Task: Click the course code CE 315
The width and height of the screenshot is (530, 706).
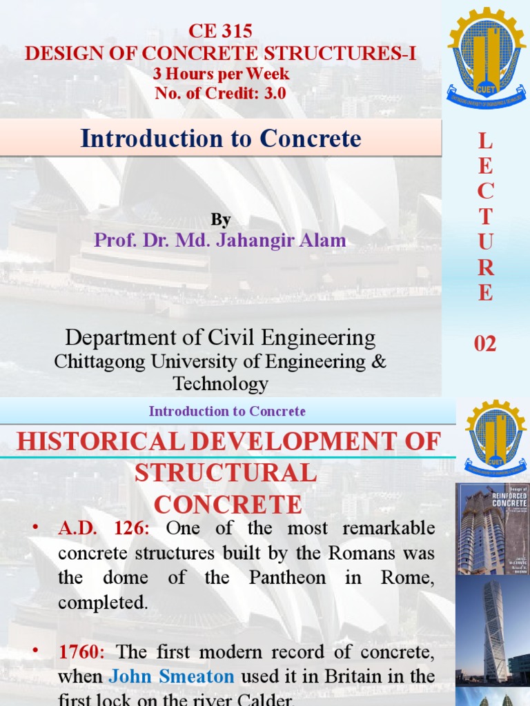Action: (220, 31)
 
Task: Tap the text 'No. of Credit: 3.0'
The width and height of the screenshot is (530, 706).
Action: (220, 93)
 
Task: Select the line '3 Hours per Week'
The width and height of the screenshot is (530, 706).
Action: (220, 74)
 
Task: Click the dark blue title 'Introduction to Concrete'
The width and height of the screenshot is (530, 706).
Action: (221, 139)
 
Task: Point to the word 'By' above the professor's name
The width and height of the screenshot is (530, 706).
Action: (221, 220)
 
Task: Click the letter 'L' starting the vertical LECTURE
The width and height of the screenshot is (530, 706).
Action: (485, 142)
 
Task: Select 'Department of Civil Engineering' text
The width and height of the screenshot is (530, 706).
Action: (221, 338)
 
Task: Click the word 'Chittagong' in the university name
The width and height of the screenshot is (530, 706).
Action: (99, 361)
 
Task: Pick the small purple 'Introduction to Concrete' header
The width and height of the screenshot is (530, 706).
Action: (227, 412)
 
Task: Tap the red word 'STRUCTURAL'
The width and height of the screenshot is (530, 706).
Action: (226, 473)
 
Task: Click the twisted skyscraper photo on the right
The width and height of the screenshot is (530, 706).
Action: (492, 629)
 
